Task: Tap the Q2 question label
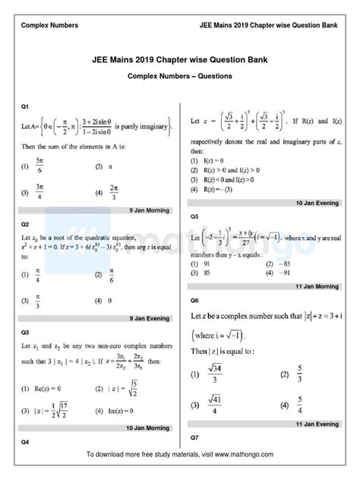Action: [25, 225]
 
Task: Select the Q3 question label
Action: [25, 333]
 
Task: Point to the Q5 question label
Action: [194, 216]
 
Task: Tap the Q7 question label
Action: [194, 437]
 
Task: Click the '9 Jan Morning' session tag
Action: [148, 210]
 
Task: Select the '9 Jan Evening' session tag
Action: [148, 318]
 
